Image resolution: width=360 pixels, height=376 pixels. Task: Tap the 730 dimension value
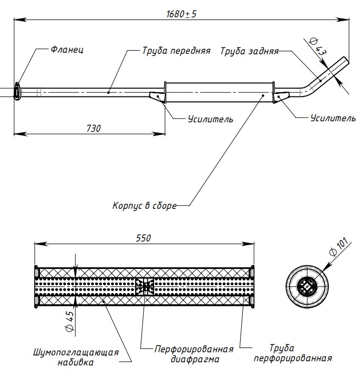pyautogui.click(x=92, y=128)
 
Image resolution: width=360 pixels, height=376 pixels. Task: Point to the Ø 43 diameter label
pyautogui.click(x=318, y=48)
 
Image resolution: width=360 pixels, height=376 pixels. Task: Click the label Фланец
pyautogui.click(x=67, y=50)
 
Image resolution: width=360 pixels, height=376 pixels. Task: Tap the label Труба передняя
pyautogui.click(x=176, y=51)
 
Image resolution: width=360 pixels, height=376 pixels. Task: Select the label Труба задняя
pyautogui.click(x=249, y=52)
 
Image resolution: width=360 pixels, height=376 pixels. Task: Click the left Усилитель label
pyautogui.click(x=210, y=119)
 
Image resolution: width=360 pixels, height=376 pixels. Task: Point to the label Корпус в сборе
pyautogui.click(x=144, y=205)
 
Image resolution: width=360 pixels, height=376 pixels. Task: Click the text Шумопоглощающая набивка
pyautogui.click(x=76, y=357)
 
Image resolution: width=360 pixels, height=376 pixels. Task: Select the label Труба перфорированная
pyautogui.click(x=292, y=353)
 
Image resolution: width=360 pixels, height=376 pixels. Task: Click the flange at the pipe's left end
pyautogui.click(x=18, y=91)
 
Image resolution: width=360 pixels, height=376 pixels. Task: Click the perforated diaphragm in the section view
pyautogui.click(x=144, y=286)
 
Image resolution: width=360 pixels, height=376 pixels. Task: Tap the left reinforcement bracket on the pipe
pyautogui.click(x=157, y=96)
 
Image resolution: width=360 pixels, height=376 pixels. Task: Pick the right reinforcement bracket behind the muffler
pyautogui.click(x=282, y=97)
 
